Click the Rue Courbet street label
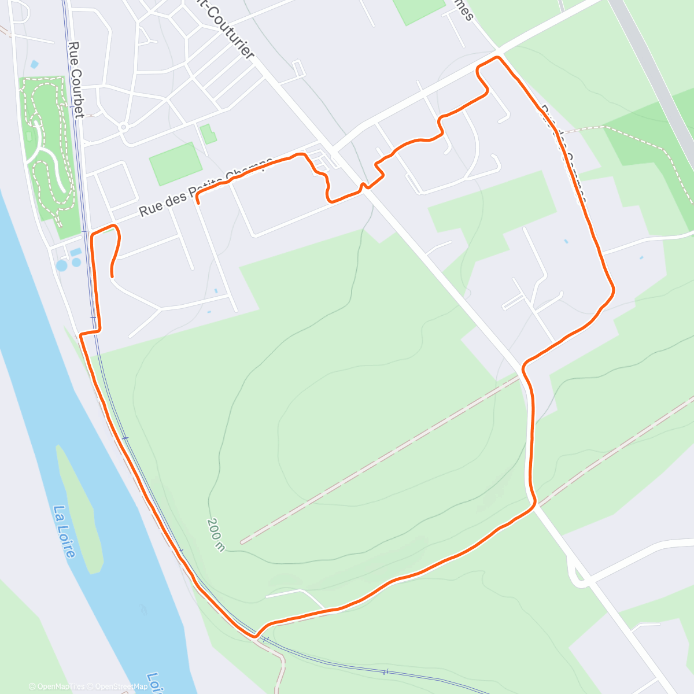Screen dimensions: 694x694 (75, 80)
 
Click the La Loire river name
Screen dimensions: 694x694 (64, 532)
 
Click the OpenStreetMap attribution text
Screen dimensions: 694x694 (121, 686)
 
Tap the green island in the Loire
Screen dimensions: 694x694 (81, 509)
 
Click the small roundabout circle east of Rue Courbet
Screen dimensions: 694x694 (123, 127)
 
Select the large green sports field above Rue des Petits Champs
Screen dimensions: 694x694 (172, 164)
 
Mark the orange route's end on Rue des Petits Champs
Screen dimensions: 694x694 (198, 202)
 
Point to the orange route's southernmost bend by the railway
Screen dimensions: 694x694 (255, 636)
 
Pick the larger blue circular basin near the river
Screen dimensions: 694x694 (61, 265)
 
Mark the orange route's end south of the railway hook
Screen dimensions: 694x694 (112, 275)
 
